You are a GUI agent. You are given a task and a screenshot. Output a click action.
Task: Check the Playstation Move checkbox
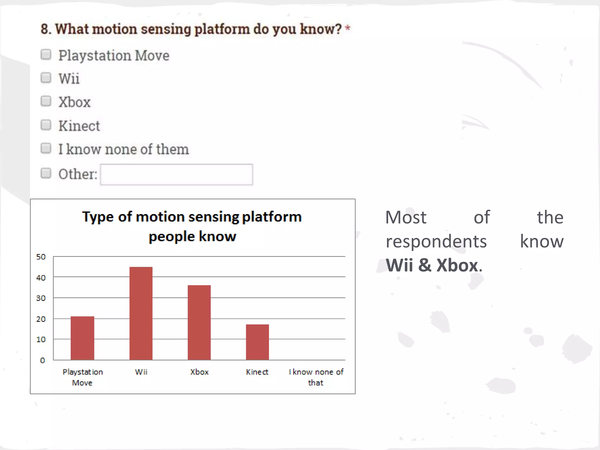pos(46,54)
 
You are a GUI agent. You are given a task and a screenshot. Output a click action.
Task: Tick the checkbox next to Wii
pos(46,78)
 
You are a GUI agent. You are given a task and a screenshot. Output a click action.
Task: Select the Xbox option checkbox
pos(46,101)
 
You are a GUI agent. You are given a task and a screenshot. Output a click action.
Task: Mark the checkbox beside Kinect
pos(46,125)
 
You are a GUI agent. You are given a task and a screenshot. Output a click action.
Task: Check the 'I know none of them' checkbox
pos(46,149)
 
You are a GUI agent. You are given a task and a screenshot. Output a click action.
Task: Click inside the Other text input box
pos(176,175)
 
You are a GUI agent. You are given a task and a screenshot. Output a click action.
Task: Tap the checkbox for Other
pos(46,173)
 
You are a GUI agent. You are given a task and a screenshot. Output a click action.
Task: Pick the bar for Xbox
pos(199,322)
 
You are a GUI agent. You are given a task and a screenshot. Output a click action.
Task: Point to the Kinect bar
pos(257,342)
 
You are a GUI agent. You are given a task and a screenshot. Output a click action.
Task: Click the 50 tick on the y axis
pos(41,257)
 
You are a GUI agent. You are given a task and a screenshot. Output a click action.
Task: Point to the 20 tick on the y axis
pos(41,319)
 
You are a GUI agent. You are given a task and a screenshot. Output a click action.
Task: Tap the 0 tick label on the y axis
pos(42,360)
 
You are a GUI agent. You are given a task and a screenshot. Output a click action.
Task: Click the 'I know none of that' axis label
pos(316,377)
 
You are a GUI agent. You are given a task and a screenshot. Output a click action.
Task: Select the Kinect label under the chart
pos(257,372)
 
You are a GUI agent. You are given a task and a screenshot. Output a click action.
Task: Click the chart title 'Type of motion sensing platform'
pos(192,217)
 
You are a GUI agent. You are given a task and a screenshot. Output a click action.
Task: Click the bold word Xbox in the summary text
pos(457,265)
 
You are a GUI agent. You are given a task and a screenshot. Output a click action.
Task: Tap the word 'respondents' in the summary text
pos(436,242)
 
